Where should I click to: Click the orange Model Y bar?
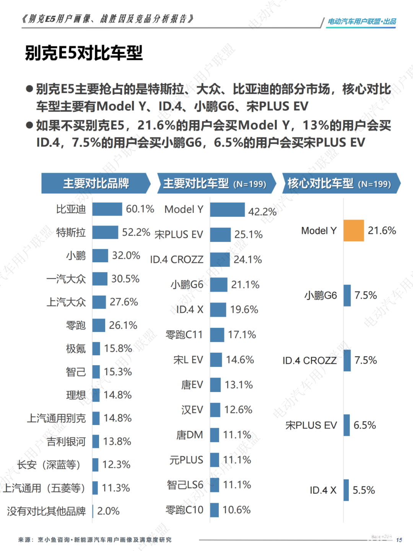[353, 231]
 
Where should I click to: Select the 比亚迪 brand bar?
[107, 209]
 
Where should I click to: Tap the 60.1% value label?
[140, 209]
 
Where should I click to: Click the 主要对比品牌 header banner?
[96, 183]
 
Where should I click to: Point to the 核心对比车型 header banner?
[340, 183]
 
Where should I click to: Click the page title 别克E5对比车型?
[84, 53]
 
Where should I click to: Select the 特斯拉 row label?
[71, 232]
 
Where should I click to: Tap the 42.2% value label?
[262, 211]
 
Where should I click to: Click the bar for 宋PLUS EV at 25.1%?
[220, 234]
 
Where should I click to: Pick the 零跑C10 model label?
[184, 510]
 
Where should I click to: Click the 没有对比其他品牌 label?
[46, 511]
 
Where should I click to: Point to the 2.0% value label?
[108, 511]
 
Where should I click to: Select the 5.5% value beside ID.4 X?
[363, 490]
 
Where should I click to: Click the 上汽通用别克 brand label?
[56, 418]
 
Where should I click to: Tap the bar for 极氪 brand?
[96, 348]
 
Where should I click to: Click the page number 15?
[399, 540]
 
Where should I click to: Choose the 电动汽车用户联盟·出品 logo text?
[361, 21]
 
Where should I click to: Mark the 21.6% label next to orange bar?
[382, 231]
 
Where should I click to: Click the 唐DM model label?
[190, 435]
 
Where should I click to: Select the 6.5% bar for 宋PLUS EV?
[347, 425]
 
